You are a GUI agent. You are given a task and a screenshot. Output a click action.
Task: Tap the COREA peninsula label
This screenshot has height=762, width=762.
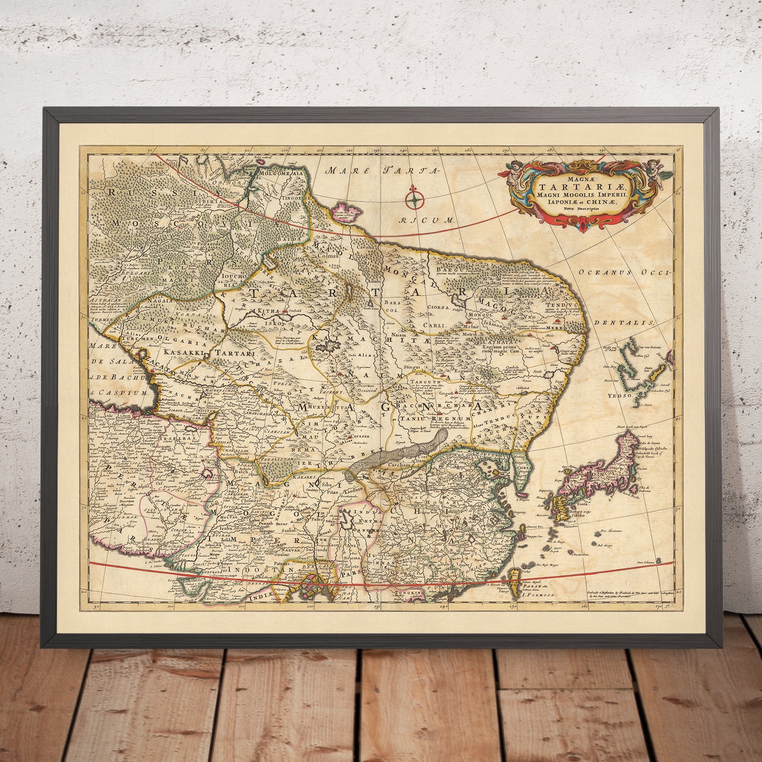(x=521, y=468)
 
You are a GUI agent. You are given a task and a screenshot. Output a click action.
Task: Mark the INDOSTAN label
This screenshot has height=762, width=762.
(x=251, y=571)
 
